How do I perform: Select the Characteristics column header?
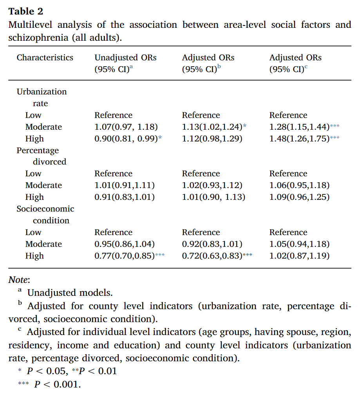click(x=45, y=58)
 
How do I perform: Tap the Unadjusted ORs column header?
click(x=125, y=58)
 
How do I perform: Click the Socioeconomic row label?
click(x=45, y=209)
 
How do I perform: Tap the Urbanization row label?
click(x=42, y=92)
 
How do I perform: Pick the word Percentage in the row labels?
click(x=38, y=150)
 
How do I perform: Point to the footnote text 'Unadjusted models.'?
click(x=70, y=293)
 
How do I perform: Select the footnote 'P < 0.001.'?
click(x=57, y=384)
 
